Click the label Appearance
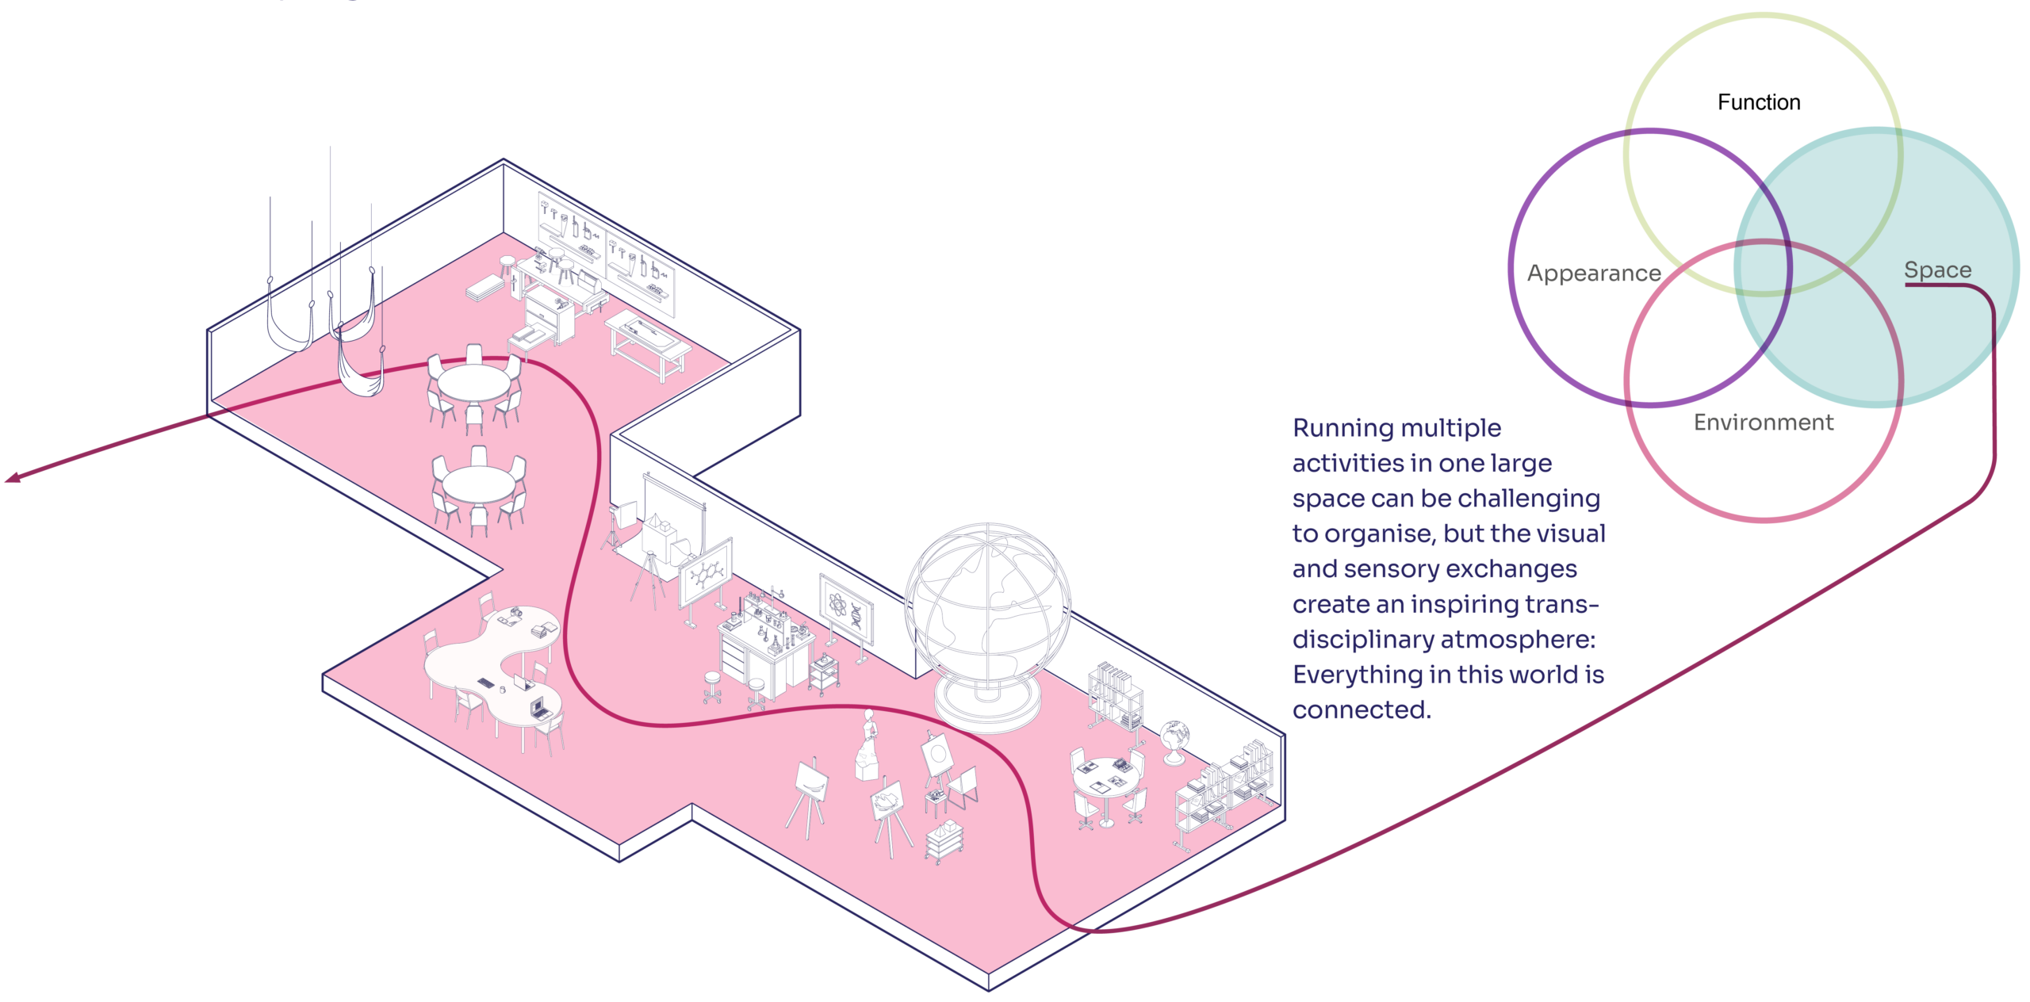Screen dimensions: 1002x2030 coord(1594,273)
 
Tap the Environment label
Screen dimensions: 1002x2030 coord(1764,422)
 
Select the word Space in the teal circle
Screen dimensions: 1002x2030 coord(1937,270)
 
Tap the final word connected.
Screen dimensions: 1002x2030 coord(1362,709)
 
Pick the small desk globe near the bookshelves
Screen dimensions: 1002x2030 coord(1174,741)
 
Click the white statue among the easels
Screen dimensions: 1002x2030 coord(868,745)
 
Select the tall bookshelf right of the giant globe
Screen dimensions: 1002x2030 coord(1116,695)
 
